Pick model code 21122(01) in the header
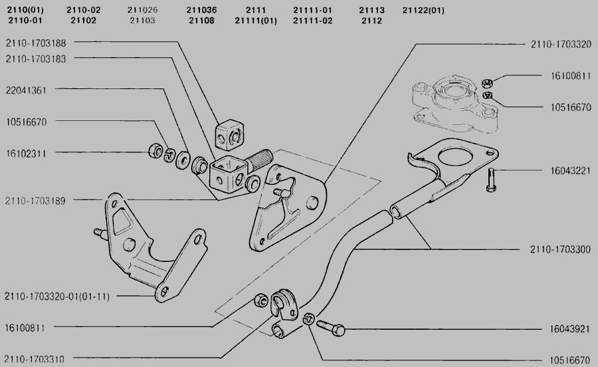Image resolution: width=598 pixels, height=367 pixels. tap(423, 10)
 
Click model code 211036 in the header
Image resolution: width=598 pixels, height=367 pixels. tap(201, 10)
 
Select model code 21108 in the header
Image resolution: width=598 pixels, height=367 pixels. tap(201, 20)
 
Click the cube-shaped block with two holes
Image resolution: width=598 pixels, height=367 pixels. tap(228, 134)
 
